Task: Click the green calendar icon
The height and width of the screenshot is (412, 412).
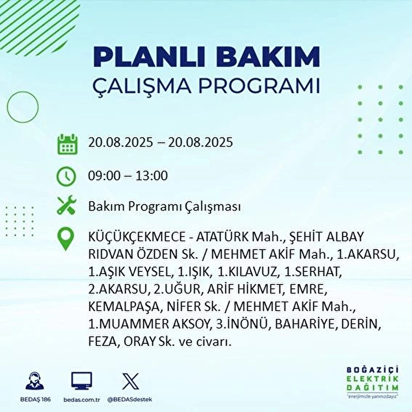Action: point(68,144)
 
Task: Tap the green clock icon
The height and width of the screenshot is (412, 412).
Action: point(66,176)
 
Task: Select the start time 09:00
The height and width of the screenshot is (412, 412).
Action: point(104,176)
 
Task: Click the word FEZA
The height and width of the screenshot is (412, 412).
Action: point(102,341)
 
